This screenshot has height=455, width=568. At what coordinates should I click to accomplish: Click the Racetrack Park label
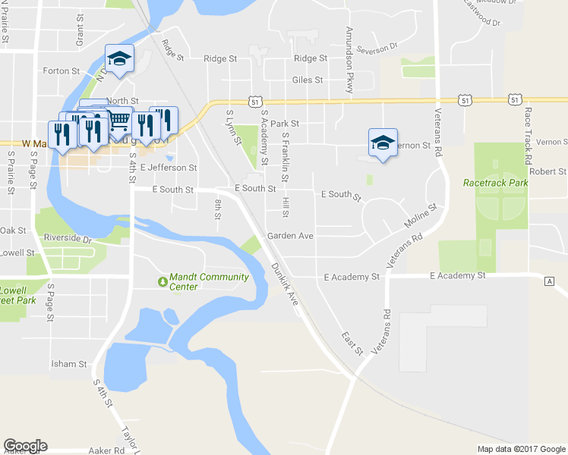[x=496, y=183]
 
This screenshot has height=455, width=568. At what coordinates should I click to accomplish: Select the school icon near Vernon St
[x=383, y=142]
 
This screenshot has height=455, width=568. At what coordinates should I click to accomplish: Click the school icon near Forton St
[x=119, y=58]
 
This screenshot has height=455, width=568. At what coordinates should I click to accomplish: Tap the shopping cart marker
[x=118, y=120]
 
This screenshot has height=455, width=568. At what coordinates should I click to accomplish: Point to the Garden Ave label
[x=290, y=236]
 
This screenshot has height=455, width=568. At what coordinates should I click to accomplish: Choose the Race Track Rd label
[x=529, y=132]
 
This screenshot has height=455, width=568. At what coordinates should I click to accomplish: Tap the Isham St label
[x=69, y=364]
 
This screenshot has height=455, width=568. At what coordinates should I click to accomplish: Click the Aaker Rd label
[x=108, y=450]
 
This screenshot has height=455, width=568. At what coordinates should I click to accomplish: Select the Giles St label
[x=308, y=80]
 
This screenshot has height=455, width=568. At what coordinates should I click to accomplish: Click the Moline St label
[x=421, y=218]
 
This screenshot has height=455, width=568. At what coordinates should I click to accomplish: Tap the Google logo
[x=25, y=446]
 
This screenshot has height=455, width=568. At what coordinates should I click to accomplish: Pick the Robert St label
[x=548, y=172]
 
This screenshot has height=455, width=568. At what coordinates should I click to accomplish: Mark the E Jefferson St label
[x=168, y=168]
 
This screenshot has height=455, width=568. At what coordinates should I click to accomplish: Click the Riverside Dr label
[x=68, y=239]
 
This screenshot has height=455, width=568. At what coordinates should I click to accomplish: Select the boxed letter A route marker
[x=549, y=281]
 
